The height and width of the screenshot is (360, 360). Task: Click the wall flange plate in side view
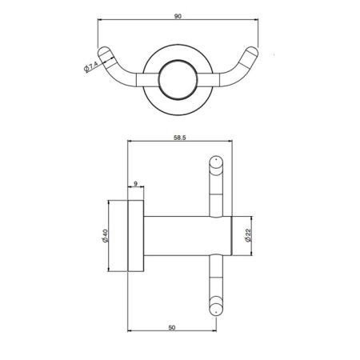[136, 238]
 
